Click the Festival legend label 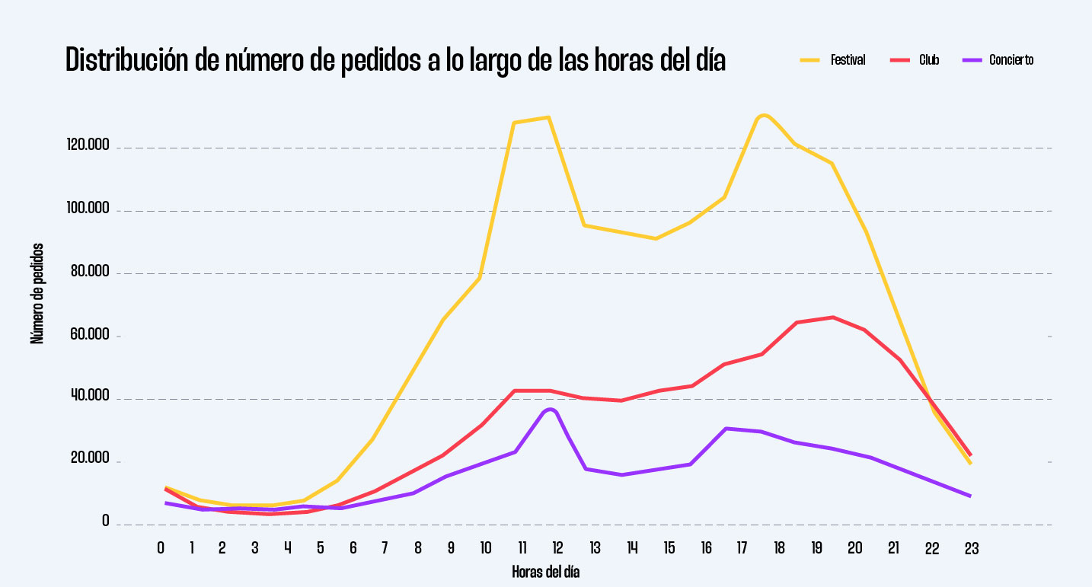click(x=848, y=60)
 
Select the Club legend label click(x=929, y=60)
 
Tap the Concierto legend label click(x=1011, y=60)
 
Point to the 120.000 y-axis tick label click(x=88, y=145)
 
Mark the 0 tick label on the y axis click(x=106, y=522)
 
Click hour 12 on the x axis click(x=557, y=547)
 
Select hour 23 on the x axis click(x=971, y=547)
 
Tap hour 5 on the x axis click(x=321, y=547)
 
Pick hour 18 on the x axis click(x=779, y=547)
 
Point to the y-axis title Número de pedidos click(x=37, y=293)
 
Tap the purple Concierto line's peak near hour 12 click(x=551, y=410)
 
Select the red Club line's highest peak click(x=833, y=317)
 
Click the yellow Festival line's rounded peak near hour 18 click(x=764, y=115)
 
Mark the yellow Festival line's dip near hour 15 click(x=655, y=238)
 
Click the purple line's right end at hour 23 click(x=969, y=496)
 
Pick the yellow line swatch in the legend click(x=810, y=60)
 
